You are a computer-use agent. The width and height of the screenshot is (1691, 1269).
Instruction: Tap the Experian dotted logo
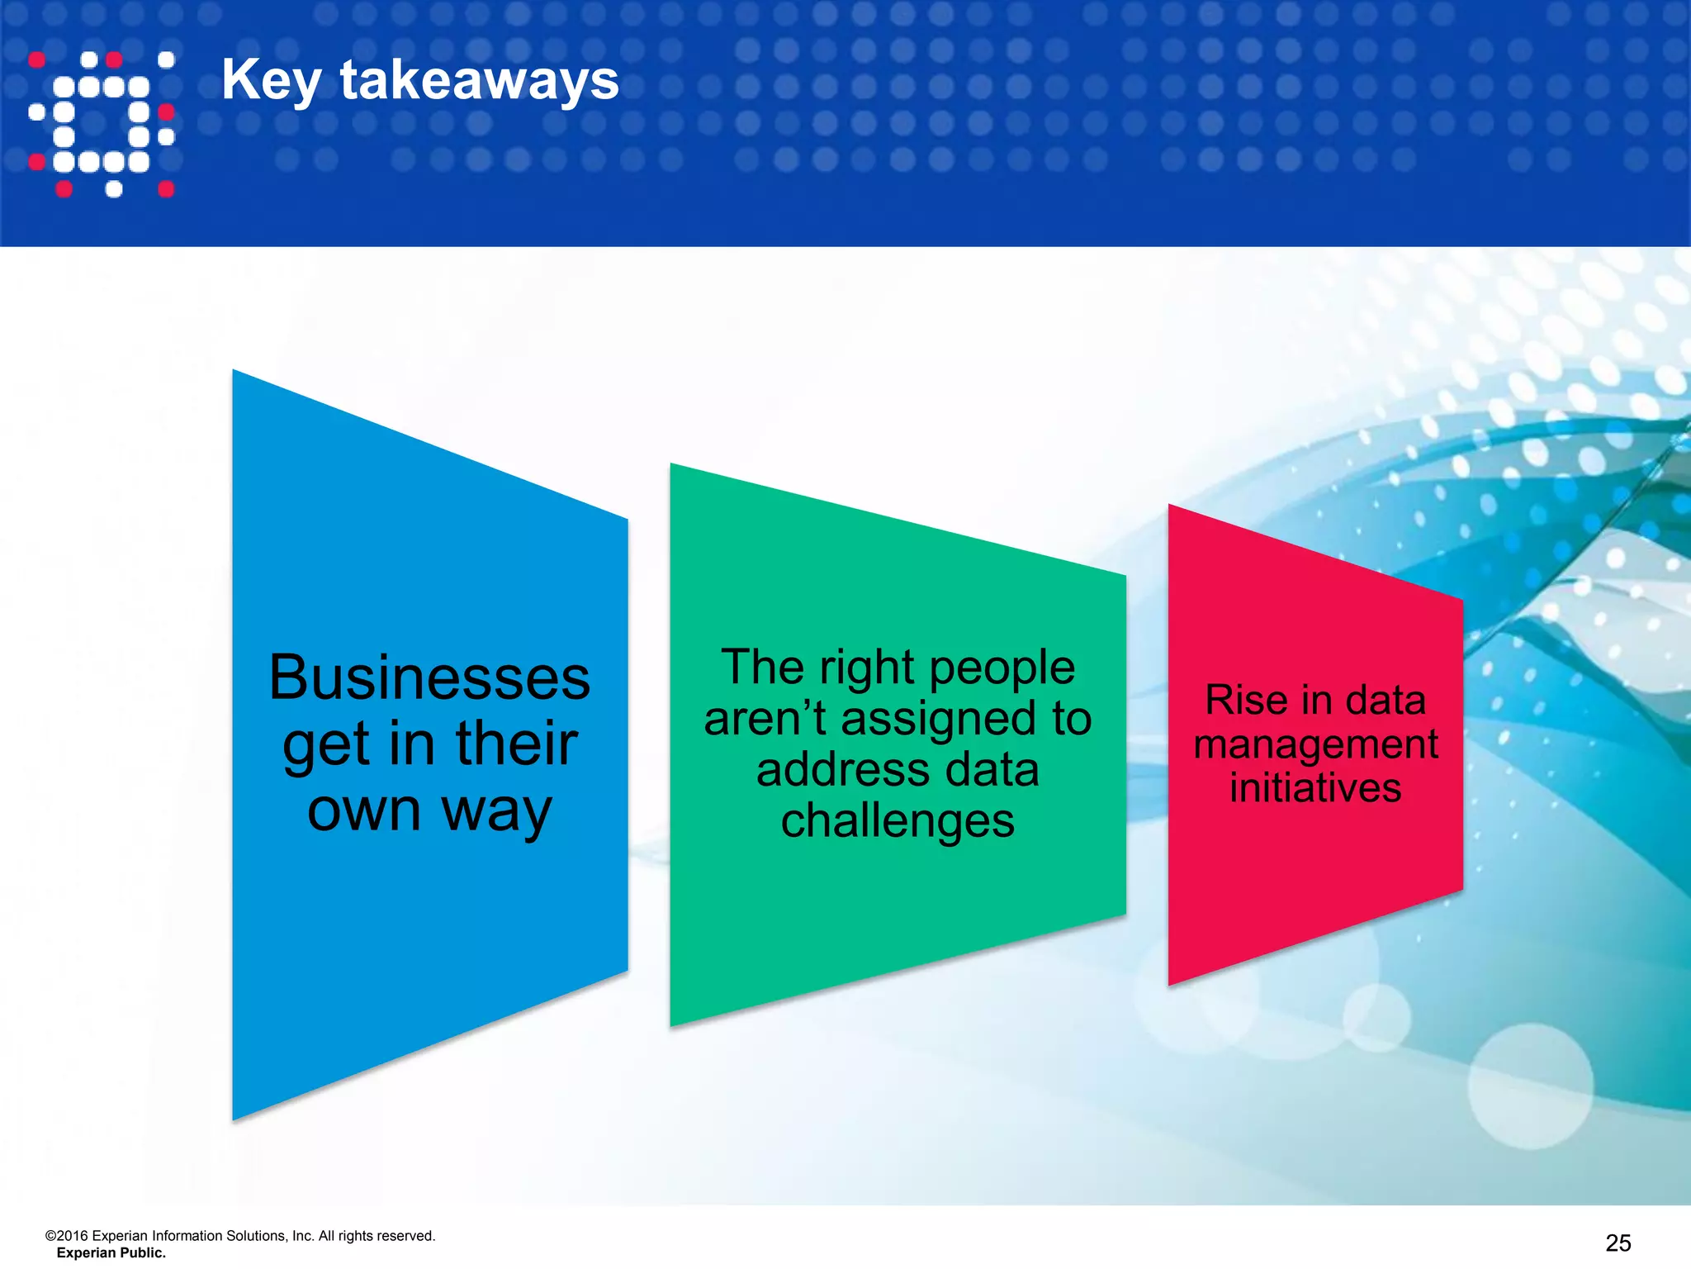tap(102, 124)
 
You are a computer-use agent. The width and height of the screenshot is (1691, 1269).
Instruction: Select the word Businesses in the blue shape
tap(429, 677)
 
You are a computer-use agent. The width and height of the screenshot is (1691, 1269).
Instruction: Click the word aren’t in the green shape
tap(765, 718)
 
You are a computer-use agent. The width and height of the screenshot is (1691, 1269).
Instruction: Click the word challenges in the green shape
tap(898, 822)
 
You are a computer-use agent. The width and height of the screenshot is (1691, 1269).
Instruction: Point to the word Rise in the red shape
tap(1246, 701)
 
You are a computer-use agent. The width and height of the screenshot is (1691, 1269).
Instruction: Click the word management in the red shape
tap(1315, 744)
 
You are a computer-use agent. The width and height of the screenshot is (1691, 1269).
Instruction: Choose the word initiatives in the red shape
tap(1315, 787)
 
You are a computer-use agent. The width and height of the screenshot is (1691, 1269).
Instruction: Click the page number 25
tap(1618, 1243)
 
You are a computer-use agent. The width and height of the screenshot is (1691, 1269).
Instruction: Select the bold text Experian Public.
tap(111, 1253)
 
